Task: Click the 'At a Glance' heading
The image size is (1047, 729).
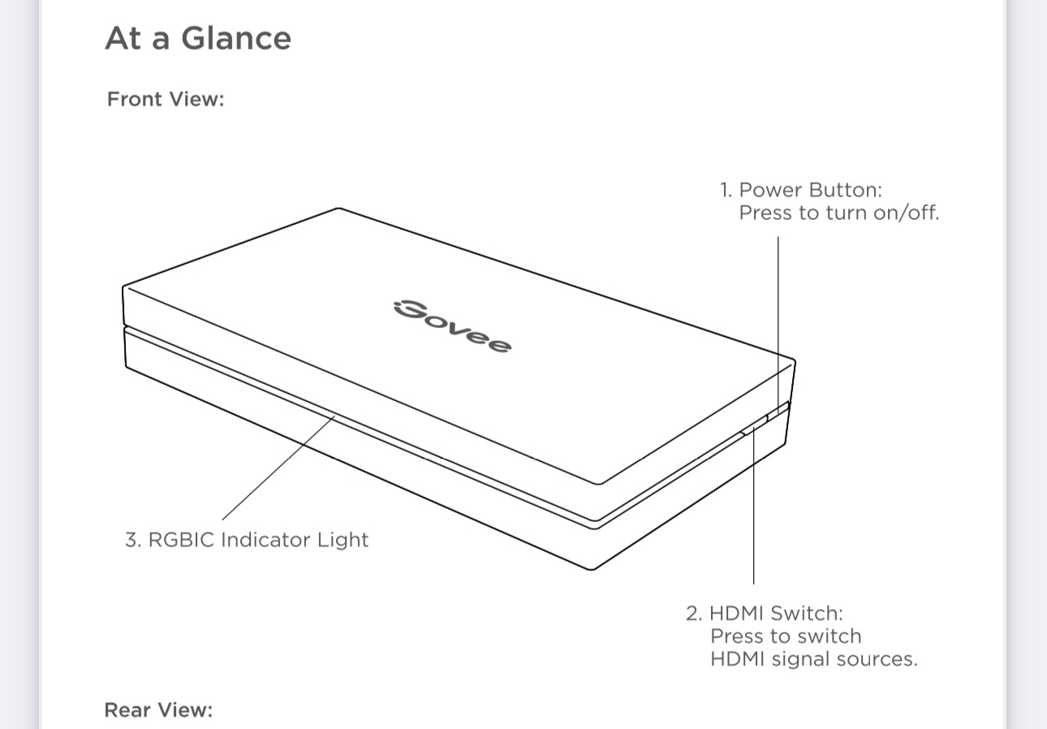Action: (197, 38)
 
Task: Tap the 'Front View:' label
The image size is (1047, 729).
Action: (166, 99)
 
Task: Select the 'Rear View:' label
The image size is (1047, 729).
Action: (158, 710)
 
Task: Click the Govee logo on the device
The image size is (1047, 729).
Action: (452, 326)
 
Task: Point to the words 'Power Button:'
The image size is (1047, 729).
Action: (810, 190)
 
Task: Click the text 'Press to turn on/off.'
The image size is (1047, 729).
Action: (838, 214)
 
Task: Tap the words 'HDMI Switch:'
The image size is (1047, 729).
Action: (776, 613)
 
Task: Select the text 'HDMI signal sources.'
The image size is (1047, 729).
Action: (813, 658)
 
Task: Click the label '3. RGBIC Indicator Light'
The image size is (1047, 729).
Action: (247, 540)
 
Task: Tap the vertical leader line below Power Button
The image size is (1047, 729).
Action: (778, 308)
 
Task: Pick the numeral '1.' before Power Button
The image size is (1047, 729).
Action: (726, 190)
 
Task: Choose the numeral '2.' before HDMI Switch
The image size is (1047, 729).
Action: (693, 613)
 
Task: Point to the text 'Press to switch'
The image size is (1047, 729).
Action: (786, 636)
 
